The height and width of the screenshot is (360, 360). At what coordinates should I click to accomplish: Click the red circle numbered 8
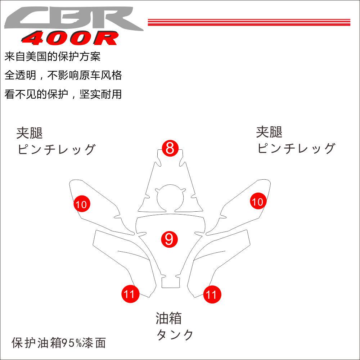click(x=170, y=148)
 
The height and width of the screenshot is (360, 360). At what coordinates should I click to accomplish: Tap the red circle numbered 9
click(x=169, y=239)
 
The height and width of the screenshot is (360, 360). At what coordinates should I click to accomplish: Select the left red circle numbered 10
click(x=82, y=204)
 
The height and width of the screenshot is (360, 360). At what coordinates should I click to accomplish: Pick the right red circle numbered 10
click(x=258, y=202)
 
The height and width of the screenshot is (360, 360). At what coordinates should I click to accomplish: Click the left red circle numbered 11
click(x=129, y=294)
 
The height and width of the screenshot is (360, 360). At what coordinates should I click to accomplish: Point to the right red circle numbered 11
click(x=212, y=295)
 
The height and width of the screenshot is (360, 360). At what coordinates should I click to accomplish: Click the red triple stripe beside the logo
click(x=249, y=22)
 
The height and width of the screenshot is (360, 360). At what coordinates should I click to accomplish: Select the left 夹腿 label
click(x=30, y=133)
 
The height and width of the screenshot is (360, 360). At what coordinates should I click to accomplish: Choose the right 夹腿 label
click(x=269, y=132)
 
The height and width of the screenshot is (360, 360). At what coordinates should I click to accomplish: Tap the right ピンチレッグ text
click(x=296, y=148)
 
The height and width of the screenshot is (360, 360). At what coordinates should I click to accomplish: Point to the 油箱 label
click(x=168, y=318)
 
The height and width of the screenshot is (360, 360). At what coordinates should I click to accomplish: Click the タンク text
click(x=175, y=335)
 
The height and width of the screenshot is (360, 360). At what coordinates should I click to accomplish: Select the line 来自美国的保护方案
click(x=53, y=57)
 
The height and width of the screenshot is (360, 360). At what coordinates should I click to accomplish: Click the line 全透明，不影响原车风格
click(x=63, y=75)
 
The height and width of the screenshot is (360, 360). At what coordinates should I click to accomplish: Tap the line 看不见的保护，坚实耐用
click(x=63, y=94)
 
